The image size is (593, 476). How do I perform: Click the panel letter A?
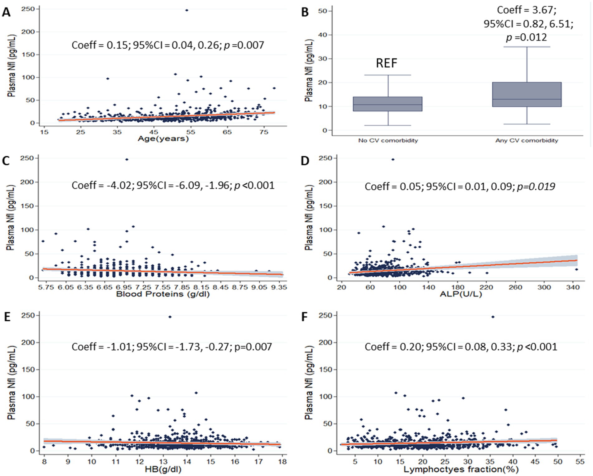coord(6,12)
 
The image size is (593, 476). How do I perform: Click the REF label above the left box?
coord(386,63)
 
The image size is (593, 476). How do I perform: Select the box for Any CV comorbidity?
coord(527,95)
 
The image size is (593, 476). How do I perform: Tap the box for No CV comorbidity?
coord(388,104)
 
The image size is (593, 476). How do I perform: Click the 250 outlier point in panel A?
coord(186,10)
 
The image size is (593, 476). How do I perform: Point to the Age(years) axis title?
coord(163,139)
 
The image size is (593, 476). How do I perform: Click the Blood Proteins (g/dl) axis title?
coord(163,294)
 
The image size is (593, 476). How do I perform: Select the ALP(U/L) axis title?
coord(460,294)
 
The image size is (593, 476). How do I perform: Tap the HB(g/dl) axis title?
coord(163,469)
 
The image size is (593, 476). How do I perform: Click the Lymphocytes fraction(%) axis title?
coord(461,469)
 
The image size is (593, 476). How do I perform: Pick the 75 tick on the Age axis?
coord(264,132)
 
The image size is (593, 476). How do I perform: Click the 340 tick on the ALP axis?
coord(573,287)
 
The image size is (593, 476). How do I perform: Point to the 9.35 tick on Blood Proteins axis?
coord(279,287)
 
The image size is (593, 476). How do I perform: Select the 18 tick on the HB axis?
coord(282,462)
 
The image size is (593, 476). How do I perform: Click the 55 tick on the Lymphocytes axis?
coord(580,462)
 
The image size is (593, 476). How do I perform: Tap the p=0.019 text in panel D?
coord(536,187)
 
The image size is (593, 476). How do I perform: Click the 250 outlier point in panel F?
coord(493,317)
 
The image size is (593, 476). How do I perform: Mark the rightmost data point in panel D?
coord(576,270)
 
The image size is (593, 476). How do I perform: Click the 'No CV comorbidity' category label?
coord(388,141)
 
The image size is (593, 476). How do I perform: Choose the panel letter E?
coord(6,317)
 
